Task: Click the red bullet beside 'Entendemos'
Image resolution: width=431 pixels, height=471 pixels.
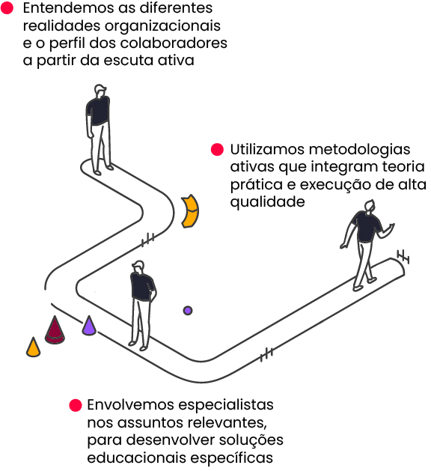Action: pos(7,8)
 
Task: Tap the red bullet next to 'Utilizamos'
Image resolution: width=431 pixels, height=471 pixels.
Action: pos(217,149)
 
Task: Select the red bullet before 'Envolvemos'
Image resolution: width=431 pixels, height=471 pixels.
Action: pos(76,405)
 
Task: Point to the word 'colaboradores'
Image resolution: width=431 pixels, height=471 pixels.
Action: pos(174,43)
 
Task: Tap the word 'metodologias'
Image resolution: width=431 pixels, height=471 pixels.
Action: pos(359,150)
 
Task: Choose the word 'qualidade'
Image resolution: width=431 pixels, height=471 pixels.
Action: pos(267,202)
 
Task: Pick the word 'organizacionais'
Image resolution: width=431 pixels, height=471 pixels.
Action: pos(162,26)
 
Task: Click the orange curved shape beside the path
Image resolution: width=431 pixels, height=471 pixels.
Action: pos(191,211)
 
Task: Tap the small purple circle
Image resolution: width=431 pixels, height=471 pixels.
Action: pos(188,311)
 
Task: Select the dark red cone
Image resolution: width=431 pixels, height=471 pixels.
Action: pos(55,329)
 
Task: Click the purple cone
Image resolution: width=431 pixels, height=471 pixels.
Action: pos(89,326)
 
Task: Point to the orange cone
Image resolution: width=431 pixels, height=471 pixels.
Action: pos(34,347)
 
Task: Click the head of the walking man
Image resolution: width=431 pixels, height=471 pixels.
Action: pos(370,207)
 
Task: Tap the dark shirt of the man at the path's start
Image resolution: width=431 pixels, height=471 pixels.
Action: pos(98,111)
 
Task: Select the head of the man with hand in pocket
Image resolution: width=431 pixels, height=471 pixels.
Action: pos(138,267)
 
